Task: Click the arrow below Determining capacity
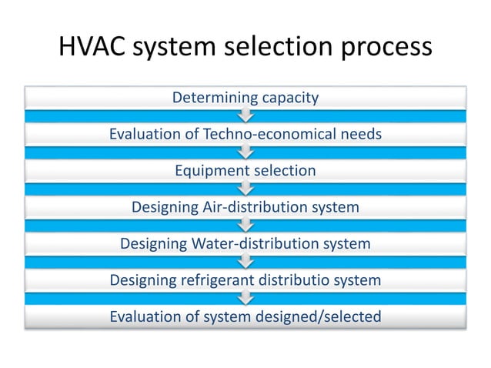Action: (245, 116)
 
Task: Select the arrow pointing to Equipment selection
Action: (245, 152)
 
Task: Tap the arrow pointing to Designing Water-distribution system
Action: (245, 226)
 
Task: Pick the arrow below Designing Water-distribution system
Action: (245, 262)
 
